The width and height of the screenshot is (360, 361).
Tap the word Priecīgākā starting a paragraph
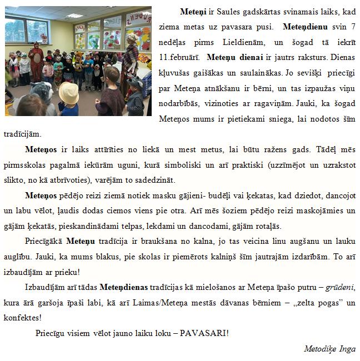click(44, 241)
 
